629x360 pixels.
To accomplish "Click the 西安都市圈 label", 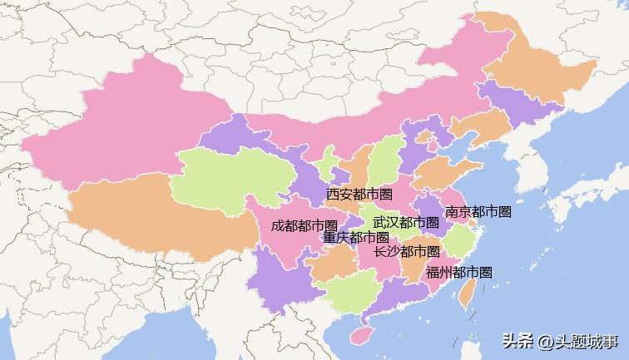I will (359, 195).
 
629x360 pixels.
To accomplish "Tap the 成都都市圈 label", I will (304, 225).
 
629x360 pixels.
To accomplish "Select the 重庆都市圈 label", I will (356, 238).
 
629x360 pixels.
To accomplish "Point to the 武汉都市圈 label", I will (406, 223).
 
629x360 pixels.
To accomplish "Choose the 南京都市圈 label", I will (478, 212).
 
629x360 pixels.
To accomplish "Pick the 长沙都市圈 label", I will (407, 251).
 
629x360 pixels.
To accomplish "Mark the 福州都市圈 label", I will (459, 272).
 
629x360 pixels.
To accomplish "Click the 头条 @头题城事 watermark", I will (560, 341).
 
